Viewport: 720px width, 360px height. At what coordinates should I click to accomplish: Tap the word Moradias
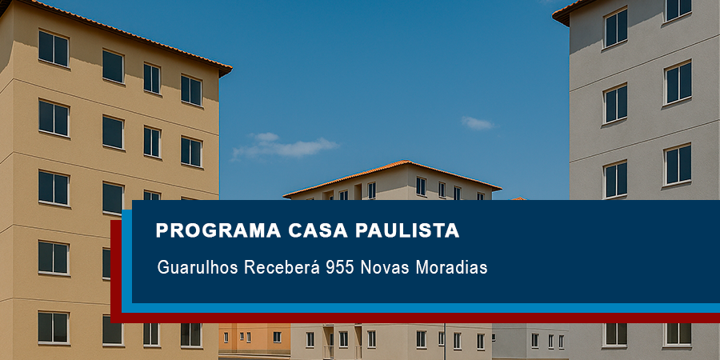(451, 267)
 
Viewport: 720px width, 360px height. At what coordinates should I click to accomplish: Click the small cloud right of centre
(478, 122)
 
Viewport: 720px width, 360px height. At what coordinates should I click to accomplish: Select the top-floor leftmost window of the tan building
(54, 48)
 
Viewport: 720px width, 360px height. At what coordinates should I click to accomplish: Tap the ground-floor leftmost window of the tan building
(54, 327)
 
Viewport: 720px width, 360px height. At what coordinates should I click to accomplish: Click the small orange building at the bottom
(254, 338)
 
